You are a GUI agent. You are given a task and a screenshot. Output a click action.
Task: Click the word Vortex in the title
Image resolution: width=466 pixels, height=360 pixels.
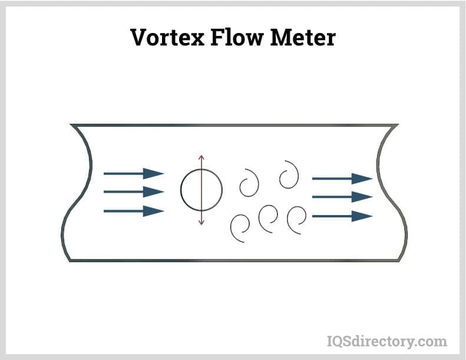pos(168,37)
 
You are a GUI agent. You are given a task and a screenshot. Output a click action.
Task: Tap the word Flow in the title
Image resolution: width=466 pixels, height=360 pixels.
pos(242,37)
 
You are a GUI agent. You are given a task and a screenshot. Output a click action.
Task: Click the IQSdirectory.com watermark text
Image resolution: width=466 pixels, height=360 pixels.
pos(386,341)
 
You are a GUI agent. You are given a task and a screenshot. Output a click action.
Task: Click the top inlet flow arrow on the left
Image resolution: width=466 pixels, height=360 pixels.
pos(134,173)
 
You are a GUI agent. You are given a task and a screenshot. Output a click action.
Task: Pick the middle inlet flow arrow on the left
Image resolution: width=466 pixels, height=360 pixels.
pos(134,191)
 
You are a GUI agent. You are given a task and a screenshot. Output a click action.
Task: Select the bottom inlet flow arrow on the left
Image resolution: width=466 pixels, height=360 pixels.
pos(134,210)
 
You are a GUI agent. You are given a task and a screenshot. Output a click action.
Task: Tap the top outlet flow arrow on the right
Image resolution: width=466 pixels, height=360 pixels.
pos(342,178)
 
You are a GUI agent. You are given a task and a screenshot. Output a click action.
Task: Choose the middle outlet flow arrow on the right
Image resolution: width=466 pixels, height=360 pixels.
pos(342,197)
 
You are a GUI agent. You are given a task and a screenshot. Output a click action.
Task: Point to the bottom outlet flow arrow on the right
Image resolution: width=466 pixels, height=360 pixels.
pos(342,216)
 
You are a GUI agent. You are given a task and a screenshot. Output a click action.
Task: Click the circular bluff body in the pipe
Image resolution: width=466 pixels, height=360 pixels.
pos(201,190)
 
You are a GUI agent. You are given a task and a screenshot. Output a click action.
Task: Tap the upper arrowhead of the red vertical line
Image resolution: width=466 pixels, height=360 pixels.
pos(201,158)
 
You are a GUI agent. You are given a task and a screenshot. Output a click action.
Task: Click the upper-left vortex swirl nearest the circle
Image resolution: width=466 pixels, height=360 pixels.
pos(249,183)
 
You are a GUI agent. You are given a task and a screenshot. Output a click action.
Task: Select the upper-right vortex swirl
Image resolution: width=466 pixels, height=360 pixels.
pos(289,174)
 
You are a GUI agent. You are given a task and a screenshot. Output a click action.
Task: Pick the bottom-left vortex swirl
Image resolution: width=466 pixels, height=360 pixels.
pos(241,227)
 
